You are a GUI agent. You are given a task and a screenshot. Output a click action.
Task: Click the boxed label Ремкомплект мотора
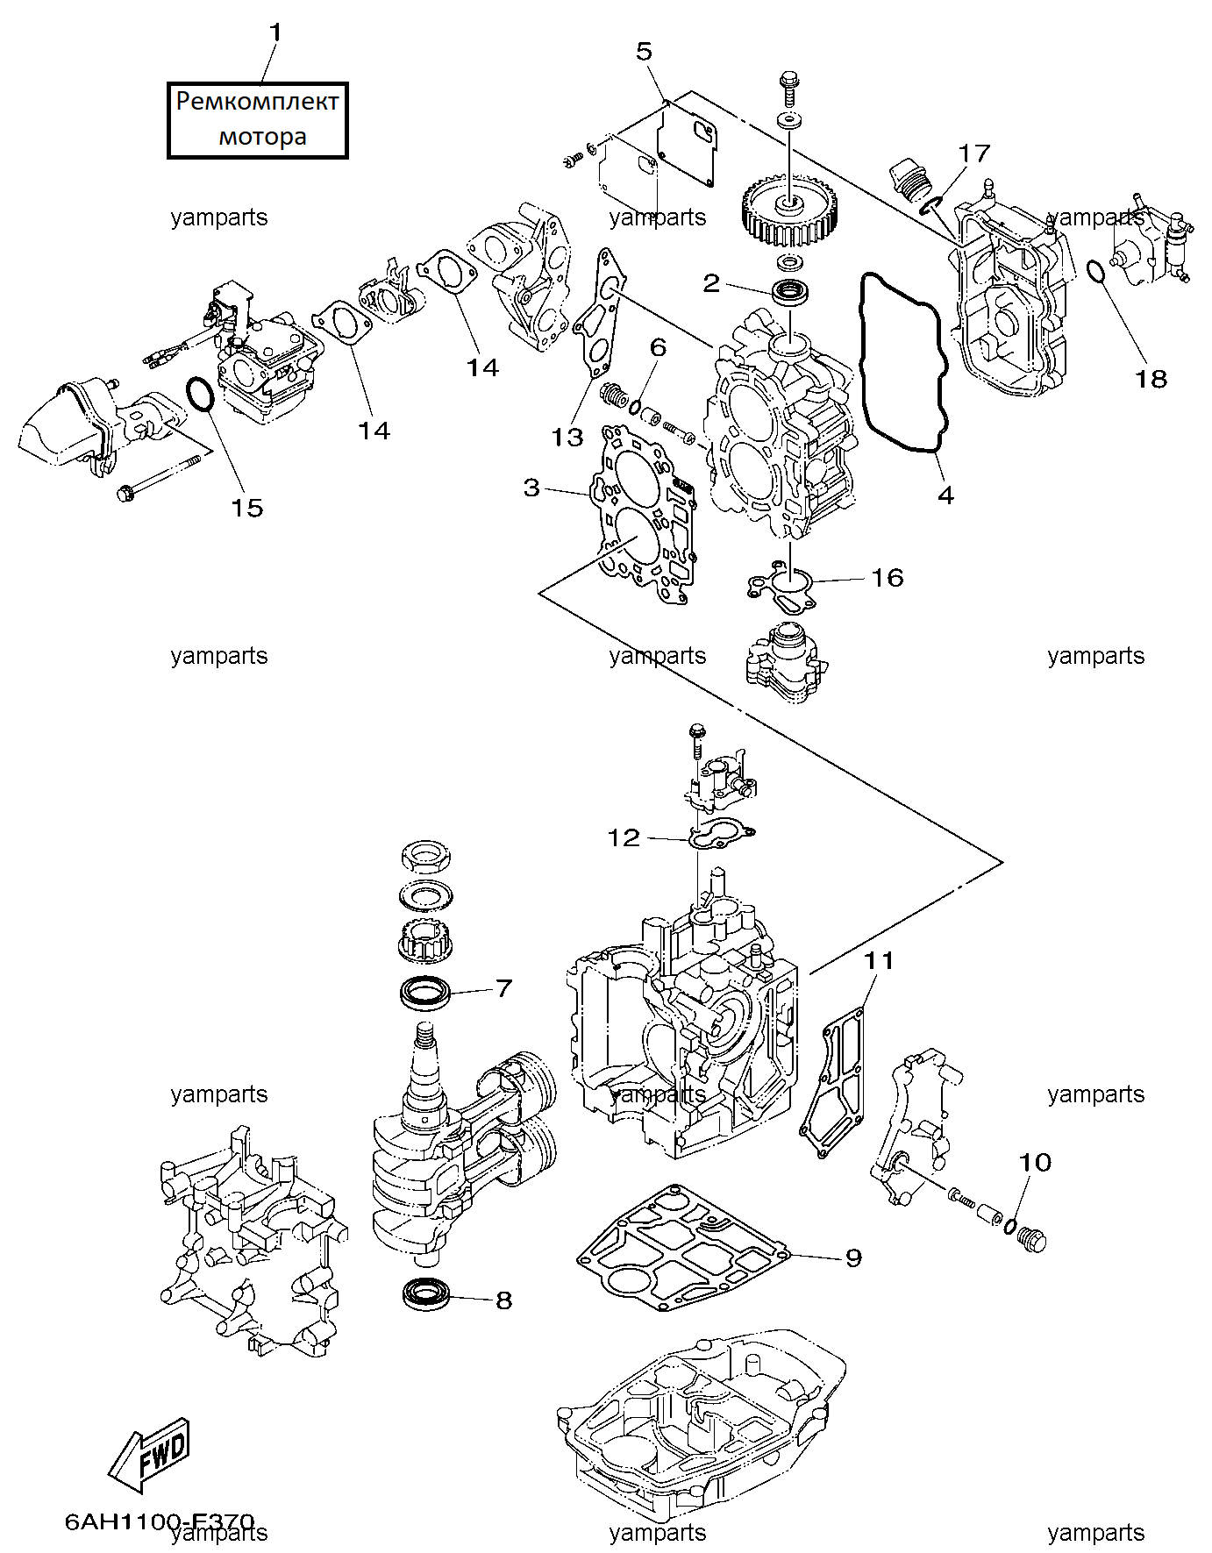pos(257,120)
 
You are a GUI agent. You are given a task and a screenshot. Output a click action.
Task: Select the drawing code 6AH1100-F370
pos(160,1521)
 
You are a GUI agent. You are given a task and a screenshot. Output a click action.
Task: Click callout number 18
pos(1151,379)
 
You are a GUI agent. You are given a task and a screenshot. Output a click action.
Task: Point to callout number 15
pos(246,508)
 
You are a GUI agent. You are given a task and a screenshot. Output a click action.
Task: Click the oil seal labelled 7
pos(425,993)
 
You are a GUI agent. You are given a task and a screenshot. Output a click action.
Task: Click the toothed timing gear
pos(786,211)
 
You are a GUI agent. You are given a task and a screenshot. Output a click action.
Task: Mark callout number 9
pos(853,1257)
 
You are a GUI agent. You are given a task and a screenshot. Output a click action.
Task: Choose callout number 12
pos(624,838)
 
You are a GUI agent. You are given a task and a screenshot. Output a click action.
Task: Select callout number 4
pos(945,495)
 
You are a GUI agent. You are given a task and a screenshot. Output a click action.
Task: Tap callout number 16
pos(887,577)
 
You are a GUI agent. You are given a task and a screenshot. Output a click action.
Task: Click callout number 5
pos(645,52)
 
